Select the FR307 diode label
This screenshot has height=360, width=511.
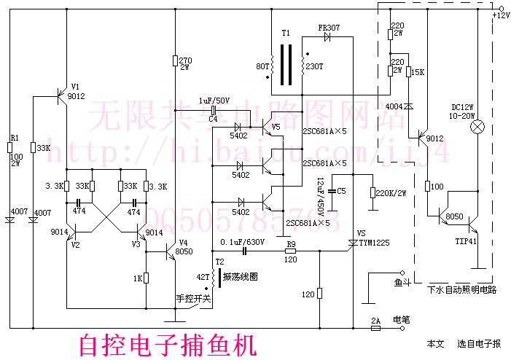tap(329, 28)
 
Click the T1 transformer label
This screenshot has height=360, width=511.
tap(286, 34)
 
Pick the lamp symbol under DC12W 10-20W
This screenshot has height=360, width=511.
tap(478, 128)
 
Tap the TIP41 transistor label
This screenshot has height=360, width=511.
tap(467, 241)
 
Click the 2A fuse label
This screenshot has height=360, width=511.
tap(375, 319)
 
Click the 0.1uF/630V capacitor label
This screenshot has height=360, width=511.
tap(241, 242)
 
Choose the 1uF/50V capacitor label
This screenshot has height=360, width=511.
tap(214, 101)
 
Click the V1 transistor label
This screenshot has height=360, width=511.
tap(74, 90)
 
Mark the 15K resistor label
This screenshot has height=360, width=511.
tap(418, 71)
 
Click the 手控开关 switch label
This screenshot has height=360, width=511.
tap(193, 299)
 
